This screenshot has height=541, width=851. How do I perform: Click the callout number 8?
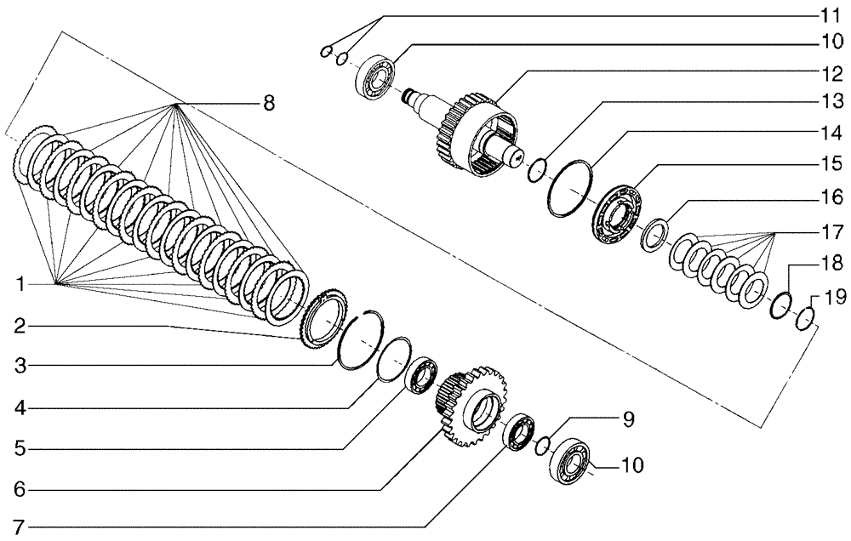[x=269, y=104]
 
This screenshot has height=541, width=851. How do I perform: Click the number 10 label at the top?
[x=831, y=41]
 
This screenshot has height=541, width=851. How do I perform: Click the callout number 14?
[x=831, y=134]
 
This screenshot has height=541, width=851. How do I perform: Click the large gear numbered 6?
[x=470, y=407]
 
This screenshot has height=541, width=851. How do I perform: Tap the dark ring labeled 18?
[x=780, y=306]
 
